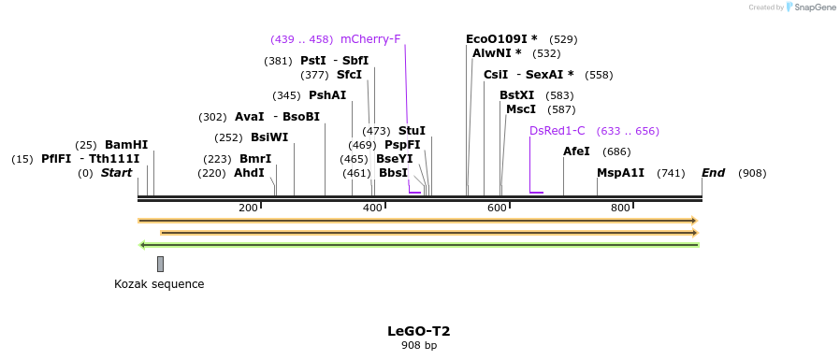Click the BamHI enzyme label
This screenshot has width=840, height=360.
pyautogui.click(x=126, y=145)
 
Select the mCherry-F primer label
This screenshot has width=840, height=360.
pyautogui.click(x=370, y=39)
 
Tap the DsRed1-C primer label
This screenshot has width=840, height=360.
pyautogui.click(x=557, y=131)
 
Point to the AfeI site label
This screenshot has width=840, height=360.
pyautogui.click(x=576, y=151)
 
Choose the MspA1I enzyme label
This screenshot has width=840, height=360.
pyautogui.click(x=620, y=173)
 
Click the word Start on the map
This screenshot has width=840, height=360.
pyautogui.click(x=116, y=173)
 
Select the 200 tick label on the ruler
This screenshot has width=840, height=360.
pyautogui.click(x=248, y=208)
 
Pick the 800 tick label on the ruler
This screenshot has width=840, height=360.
pyautogui.click(x=620, y=208)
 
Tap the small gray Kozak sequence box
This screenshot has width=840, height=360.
pyautogui.click(x=160, y=264)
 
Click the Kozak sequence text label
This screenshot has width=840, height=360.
pyautogui.click(x=159, y=284)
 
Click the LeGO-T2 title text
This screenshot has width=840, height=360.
pyautogui.click(x=419, y=331)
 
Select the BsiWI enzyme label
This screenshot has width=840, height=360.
pyautogui.click(x=269, y=137)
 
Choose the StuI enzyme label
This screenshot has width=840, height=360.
pyautogui.click(x=412, y=131)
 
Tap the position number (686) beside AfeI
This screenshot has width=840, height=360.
pyautogui.click(x=616, y=151)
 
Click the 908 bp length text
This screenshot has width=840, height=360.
pyautogui.click(x=419, y=346)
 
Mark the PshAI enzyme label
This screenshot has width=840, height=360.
pyautogui.click(x=327, y=95)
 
